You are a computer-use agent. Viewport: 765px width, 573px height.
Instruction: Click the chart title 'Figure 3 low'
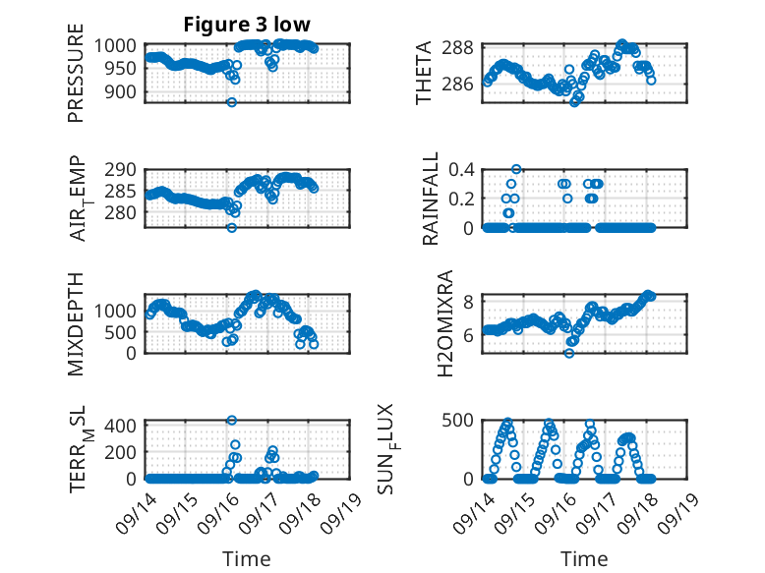point(247,26)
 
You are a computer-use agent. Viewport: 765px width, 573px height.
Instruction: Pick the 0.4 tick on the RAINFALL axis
point(462,169)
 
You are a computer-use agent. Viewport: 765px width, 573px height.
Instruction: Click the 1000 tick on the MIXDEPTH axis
point(121,310)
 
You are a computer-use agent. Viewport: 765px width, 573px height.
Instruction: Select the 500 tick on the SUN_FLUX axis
point(462,421)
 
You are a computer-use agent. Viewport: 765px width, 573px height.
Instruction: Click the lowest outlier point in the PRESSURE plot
point(232,102)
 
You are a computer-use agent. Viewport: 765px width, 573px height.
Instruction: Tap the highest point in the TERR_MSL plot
point(232,421)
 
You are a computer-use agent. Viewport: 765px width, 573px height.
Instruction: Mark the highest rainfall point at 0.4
point(516,169)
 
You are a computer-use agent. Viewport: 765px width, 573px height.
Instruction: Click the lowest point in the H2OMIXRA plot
point(569,353)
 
